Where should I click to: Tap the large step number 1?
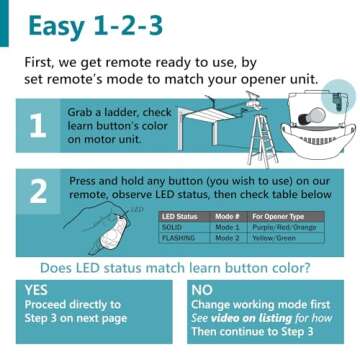click(x=37, y=125)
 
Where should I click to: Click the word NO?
click(x=201, y=289)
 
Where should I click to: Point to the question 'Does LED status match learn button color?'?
click(x=179, y=267)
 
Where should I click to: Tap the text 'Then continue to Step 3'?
click(x=251, y=330)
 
